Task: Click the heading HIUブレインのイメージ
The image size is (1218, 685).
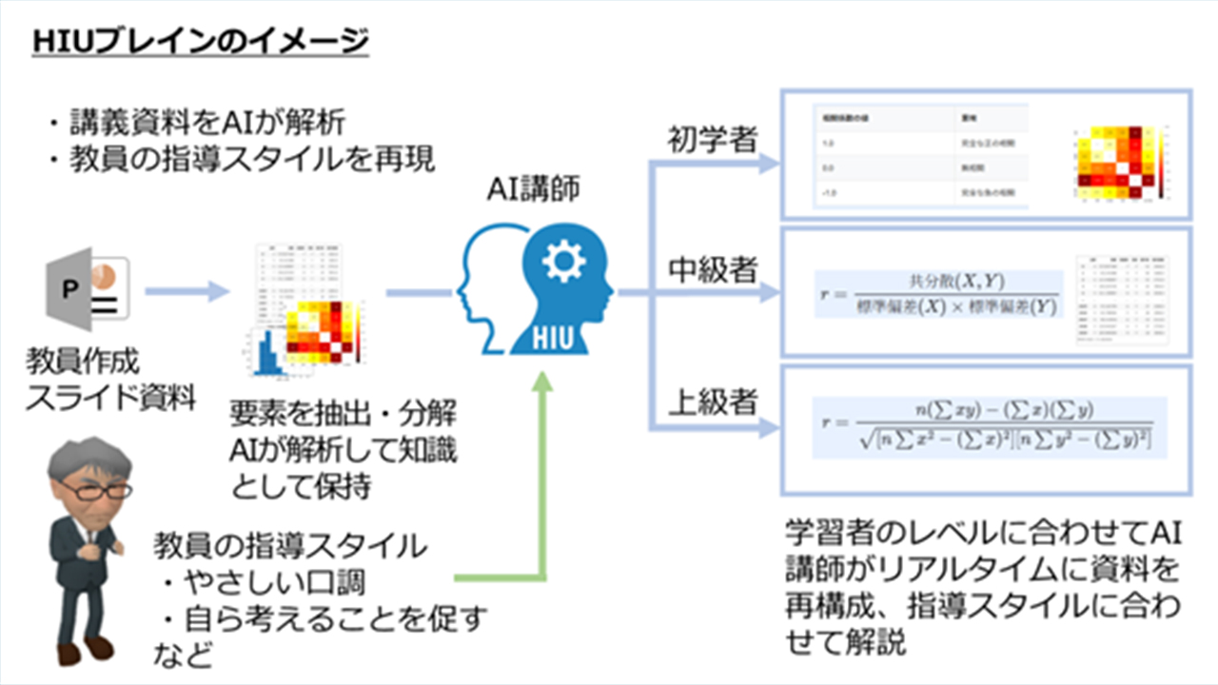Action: pos(200,42)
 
